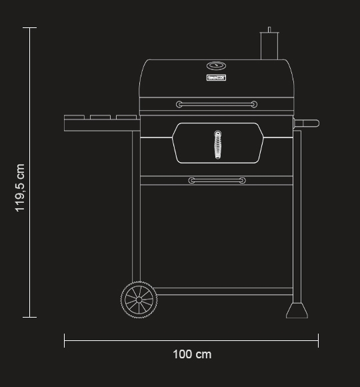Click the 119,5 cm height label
[x=20, y=187]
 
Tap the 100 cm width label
[x=192, y=354]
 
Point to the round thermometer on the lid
[x=217, y=66]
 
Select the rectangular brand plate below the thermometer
[x=217, y=78]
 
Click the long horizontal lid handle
[x=217, y=104]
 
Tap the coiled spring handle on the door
[x=217, y=145]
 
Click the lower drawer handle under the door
[x=217, y=181]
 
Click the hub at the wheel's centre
[x=139, y=300]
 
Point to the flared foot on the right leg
[x=297, y=310]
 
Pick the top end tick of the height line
[x=30, y=28]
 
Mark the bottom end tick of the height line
[x=30, y=318]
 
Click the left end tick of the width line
[x=65, y=340]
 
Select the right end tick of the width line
[x=318, y=340]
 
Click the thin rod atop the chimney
[x=269, y=30]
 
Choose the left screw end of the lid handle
[x=179, y=104]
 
